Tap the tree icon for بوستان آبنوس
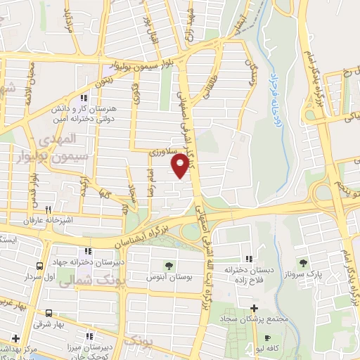[169, 265]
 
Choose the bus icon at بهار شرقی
[49, 314]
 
